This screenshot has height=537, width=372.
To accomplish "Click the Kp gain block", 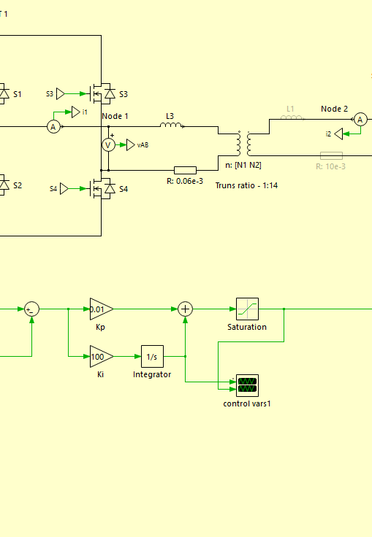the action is pyautogui.click(x=102, y=309).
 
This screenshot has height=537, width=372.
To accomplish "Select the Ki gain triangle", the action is pyautogui.click(x=102, y=357).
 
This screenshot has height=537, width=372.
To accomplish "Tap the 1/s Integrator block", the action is pyautogui.click(x=152, y=357).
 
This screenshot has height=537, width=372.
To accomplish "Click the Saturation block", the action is pyautogui.click(x=247, y=309).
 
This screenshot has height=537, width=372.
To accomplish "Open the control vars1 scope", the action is pyautogui.click(x=247, y=385).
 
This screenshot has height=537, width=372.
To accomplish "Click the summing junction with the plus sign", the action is pyautogui.click(x=186, y=309).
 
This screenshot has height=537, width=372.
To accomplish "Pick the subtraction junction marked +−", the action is pyautogui.click(x=32, y=309).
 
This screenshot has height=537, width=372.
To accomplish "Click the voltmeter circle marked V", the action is pyautogui.click(x=108, y=145).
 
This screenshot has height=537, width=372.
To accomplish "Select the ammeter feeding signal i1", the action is pyautogui.click(x=53, y=127).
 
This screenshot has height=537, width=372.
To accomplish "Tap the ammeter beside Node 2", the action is pyautogui.click(x=360, y=120).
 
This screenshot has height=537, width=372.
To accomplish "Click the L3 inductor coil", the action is pyautogui.click(x=171, y=125).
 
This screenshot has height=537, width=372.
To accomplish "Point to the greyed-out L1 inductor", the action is pyautogui.click(x=292, y=117).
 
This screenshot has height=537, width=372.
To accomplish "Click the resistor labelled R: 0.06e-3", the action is pyautogui.click(x=186, y=170).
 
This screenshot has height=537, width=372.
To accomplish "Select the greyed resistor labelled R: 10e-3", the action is pyautogui.click(x=331, y=156).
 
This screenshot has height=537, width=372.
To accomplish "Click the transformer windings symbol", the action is pyautogui.click(x=243, y=143).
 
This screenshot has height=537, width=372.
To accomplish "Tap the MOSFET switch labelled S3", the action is pyautogui.click(x=102, y=93).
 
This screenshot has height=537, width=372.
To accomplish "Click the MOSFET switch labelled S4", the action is pyautogui.click(x=102, y=188).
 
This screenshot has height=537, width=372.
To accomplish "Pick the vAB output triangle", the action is pyautogui.click(x=131, y=145).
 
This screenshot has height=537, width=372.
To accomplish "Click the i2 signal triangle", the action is pyautogui.click(x=338, y=134).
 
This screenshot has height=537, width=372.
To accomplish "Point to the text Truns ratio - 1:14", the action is pyautogui.click(x=246, y=185).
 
